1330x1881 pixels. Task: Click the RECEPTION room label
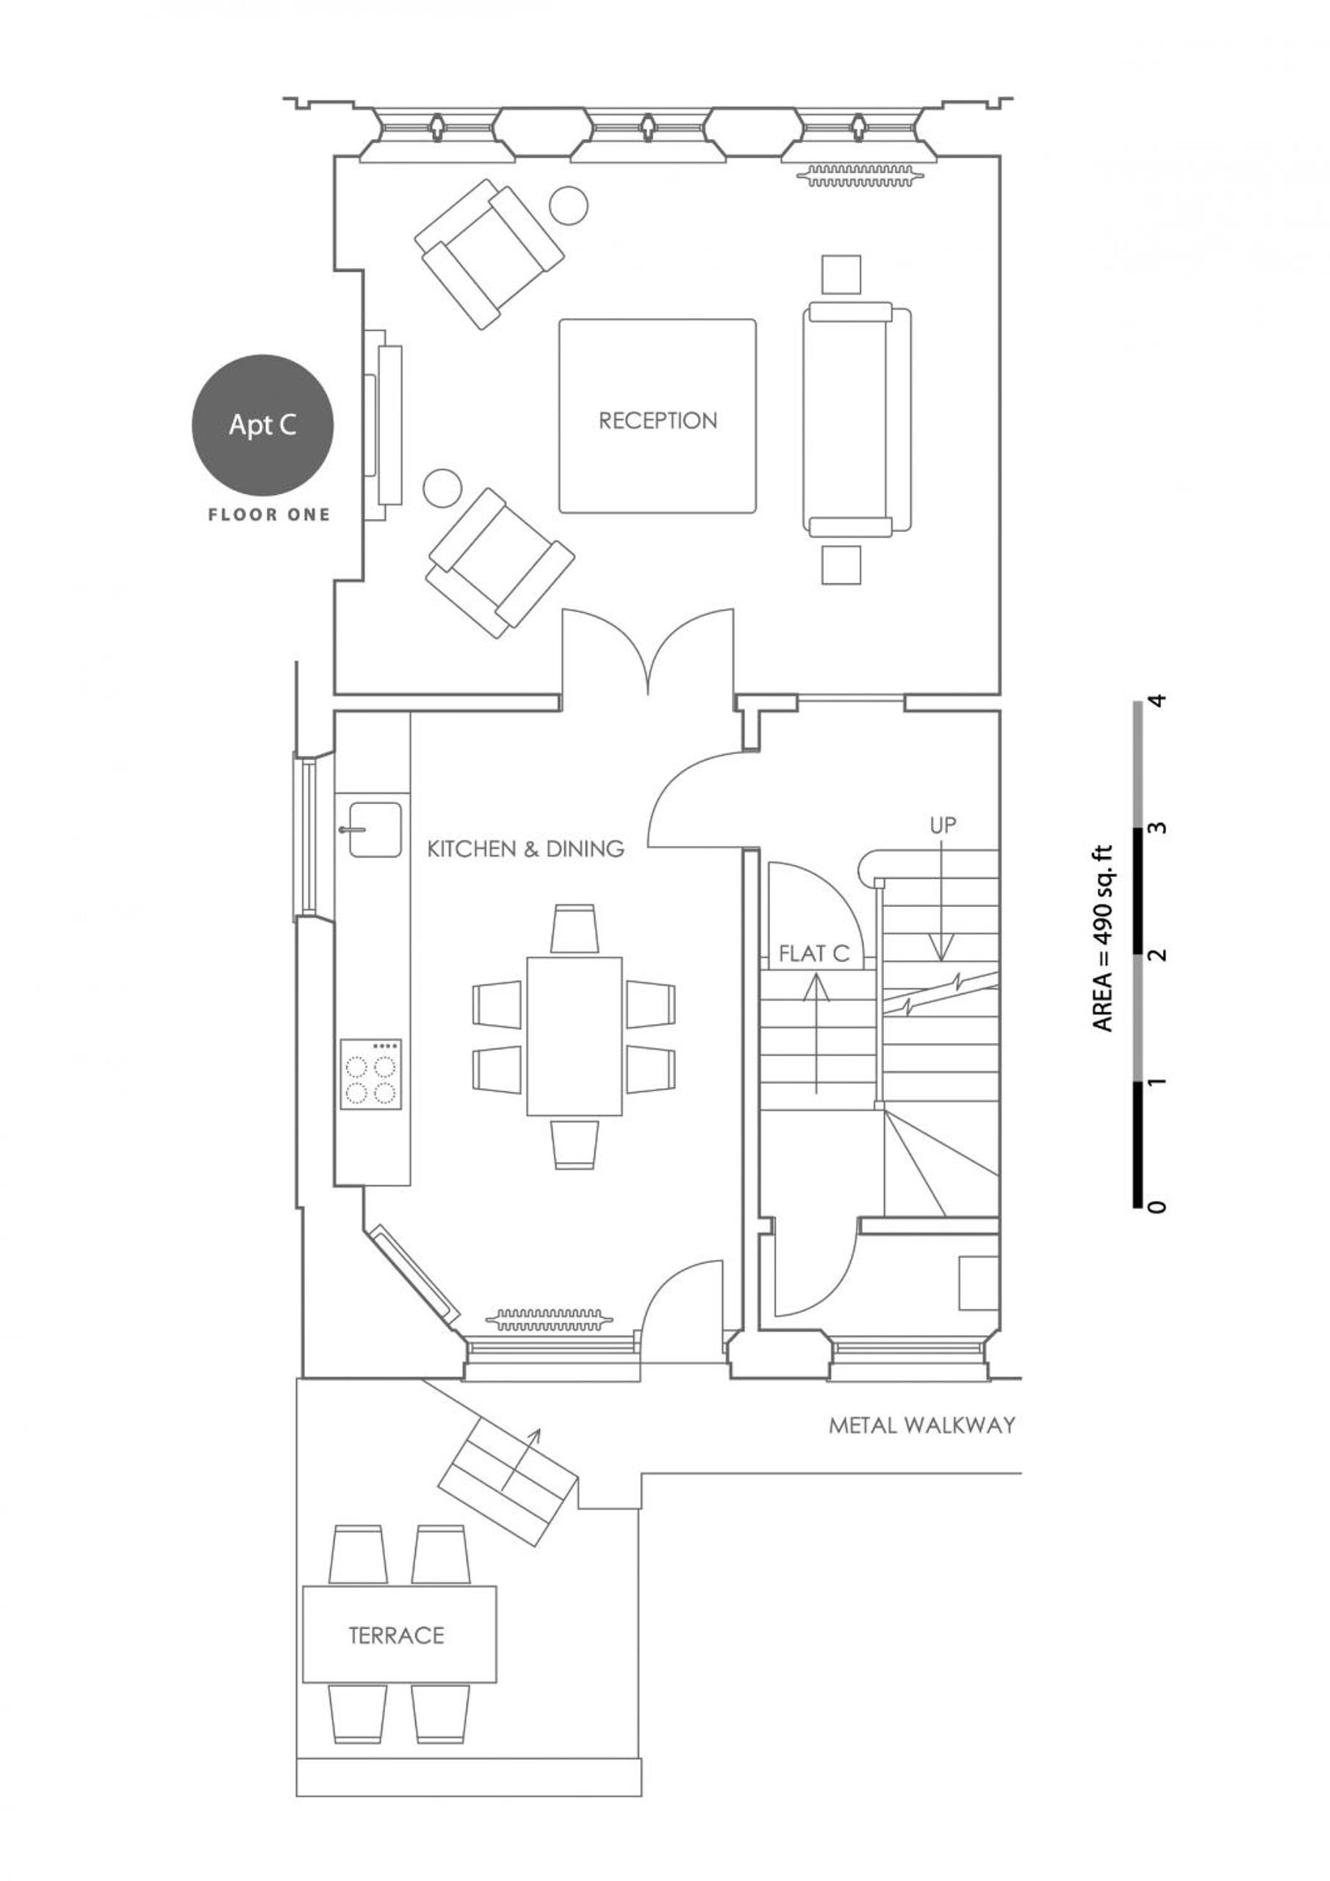pyautogui.click(x=658, y=420)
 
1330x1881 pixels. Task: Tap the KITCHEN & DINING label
pyautogui.click(x=526, y=848)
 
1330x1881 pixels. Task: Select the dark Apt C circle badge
pyautogui.click(x=263, y=425)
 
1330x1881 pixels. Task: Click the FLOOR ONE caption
pyautogui.click(x=270, y=515)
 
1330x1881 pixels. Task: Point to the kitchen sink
pyautogui.click(x=373, y=829)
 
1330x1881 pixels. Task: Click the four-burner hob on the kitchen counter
pyautogui.click(x=371, y=1074)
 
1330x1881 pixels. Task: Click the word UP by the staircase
pyautogui.click(x=943, y=825)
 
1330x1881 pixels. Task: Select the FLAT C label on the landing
pyautogui.click(x=814, y=953)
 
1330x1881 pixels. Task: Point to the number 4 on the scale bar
pyautogui.click(x=1157, y=701)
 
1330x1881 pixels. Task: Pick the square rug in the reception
pyautogui.click(x=658, y=416)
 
